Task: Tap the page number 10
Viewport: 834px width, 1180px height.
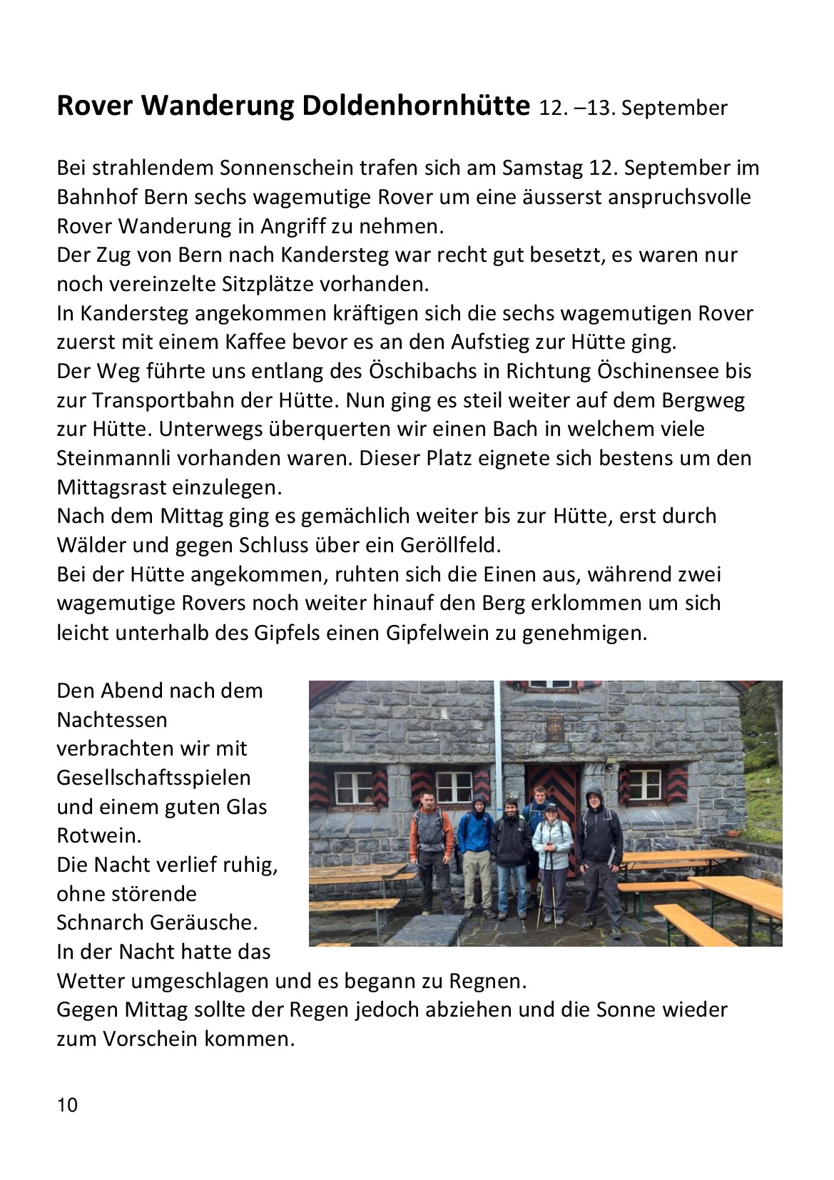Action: [67, 1105]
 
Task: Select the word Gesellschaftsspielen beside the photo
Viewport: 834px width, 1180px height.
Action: [153, 778]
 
